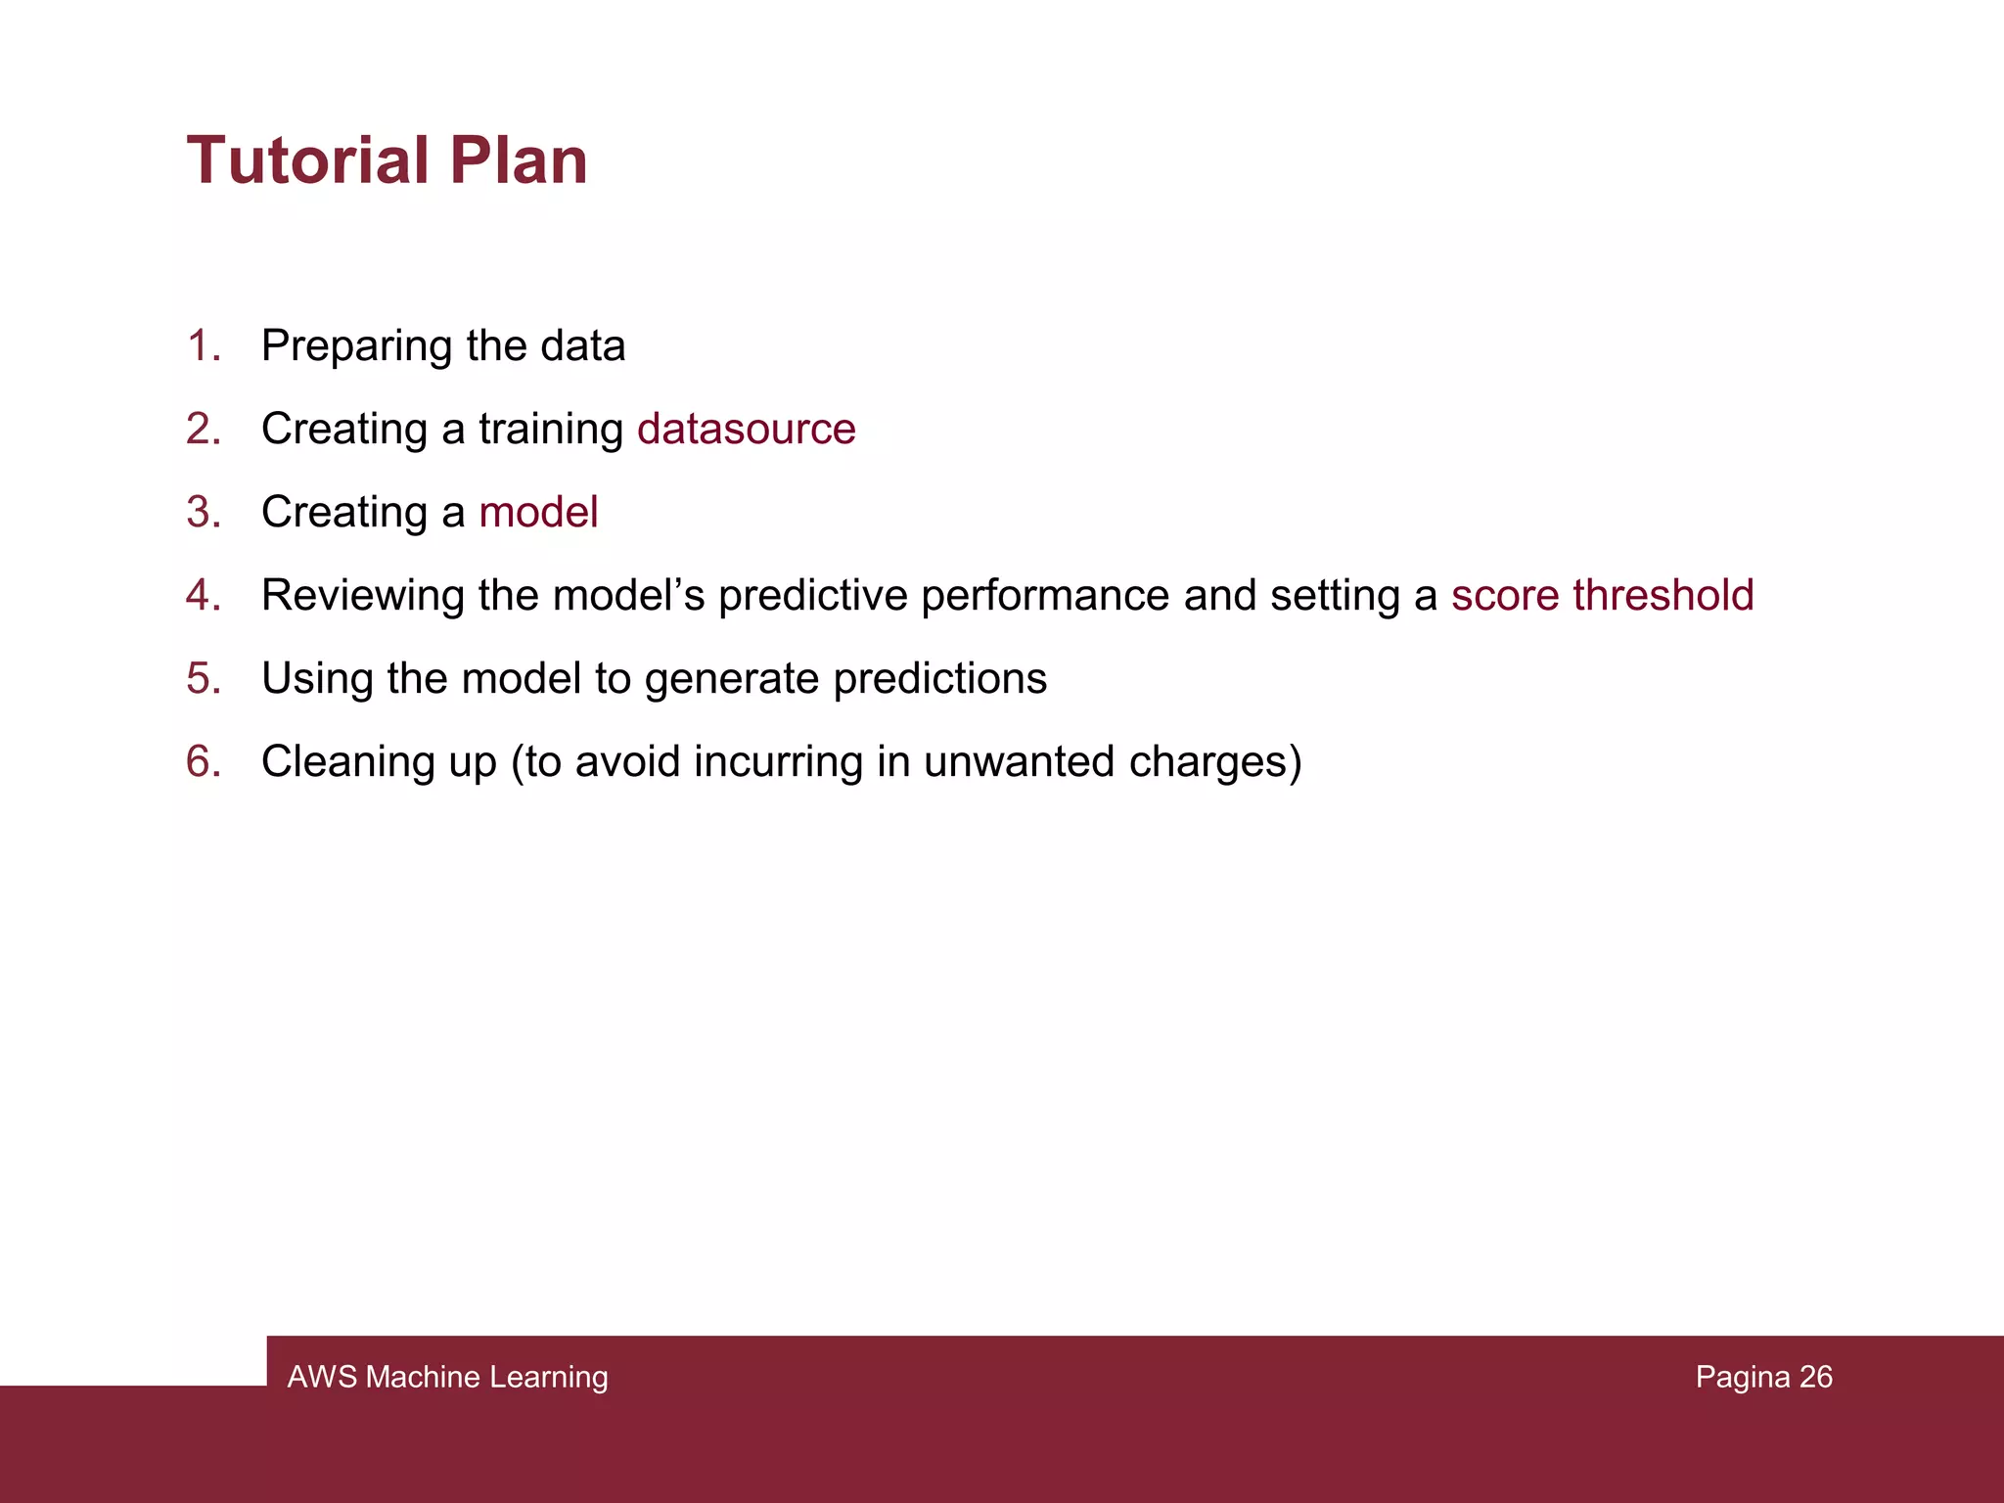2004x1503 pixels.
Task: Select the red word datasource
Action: pyautogui.click(x=746, y=429)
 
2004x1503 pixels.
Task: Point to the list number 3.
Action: pyautogui.click(x=203, y=512)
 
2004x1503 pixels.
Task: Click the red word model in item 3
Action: pyautogui.click(x=538, y=512)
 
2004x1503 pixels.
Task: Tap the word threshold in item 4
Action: pyautogui.click(x=1662, y=595)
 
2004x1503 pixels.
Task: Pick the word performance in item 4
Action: pyautogui.click(x=1044, y=595)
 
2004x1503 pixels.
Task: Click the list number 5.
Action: pyautogui.click(x=203, y=678)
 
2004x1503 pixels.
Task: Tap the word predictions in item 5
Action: pyautogui.click(x=939, y=678)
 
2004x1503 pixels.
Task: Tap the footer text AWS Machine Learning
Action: pyautogui.click(x=447, y=1377)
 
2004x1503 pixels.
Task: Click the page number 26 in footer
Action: pyautogui.click(x=1815, y=1377)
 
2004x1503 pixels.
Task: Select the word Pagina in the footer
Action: pyautogui.click(x=1742, y=1377)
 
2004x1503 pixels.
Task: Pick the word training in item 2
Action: pyautogui.click(x=551, y=429)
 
